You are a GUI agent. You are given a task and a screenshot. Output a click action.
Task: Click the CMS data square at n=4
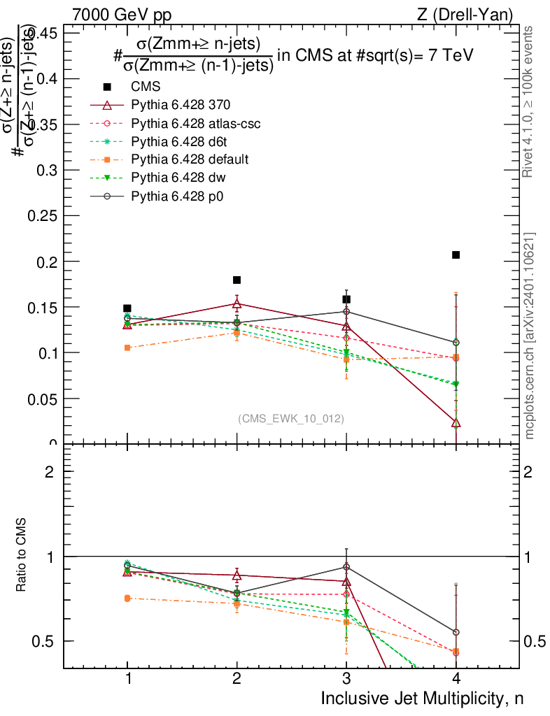point(456,255)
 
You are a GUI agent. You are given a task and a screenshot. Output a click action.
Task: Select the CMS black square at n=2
point(237,280)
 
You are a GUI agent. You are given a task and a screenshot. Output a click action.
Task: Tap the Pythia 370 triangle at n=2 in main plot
point(237,303)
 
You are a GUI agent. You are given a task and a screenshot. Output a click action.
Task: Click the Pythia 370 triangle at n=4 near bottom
point(456,422)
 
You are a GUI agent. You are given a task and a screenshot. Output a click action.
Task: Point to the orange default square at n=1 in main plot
point(127,348)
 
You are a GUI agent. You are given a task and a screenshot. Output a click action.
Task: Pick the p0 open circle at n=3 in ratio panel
point(346,566)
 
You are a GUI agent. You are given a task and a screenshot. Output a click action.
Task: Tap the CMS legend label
point(146,87)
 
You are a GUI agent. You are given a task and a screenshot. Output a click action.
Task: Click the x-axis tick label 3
point(346,678)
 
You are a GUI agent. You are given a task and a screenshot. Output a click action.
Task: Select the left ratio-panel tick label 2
point(49,471)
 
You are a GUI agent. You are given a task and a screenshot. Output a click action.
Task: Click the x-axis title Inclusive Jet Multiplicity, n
point(421,698)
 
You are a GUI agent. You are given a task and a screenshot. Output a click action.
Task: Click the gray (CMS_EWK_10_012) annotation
point(291,418)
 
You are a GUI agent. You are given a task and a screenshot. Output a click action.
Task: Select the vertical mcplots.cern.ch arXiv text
point(530,336)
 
